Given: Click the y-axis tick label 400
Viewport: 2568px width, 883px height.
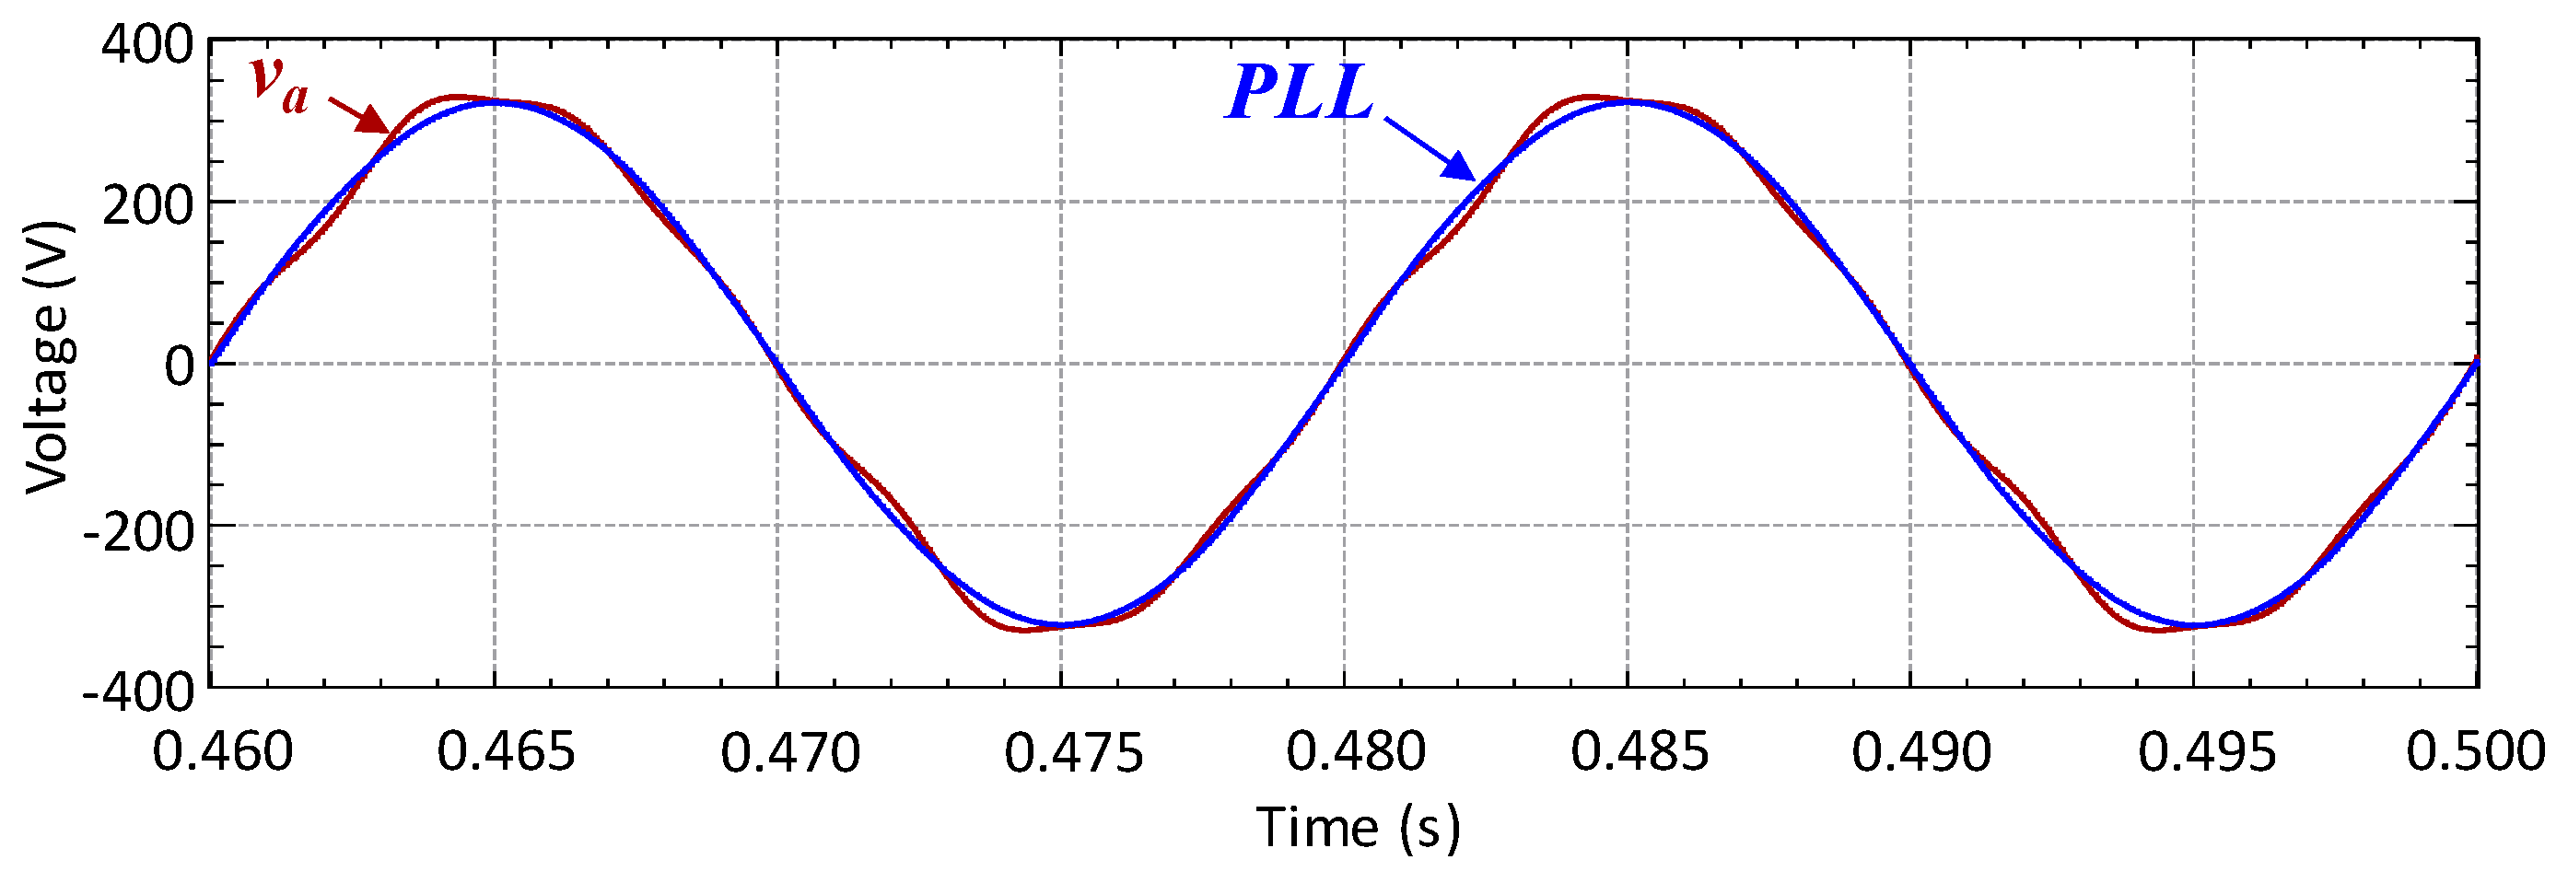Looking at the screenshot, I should (x=146, y=46).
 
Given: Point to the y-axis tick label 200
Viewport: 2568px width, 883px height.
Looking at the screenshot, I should (x=146, y=207).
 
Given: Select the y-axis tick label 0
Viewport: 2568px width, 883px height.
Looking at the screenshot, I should (x=180, y=366).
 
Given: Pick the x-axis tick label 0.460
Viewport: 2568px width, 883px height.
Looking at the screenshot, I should (x=222, y=751).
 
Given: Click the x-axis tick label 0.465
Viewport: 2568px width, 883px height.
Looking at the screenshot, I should (x=507, y=751).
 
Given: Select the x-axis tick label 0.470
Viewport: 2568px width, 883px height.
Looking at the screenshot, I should (x=789, y=751).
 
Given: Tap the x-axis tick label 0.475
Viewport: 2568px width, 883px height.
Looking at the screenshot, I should (x=1074, y=751).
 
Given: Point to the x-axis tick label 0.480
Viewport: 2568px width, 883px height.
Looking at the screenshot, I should (x=1356, y=751).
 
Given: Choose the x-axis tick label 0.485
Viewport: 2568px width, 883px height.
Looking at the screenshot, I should (x=1640, y=751).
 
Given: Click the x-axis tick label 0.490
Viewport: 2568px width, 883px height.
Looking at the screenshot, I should (x=1922, y=751).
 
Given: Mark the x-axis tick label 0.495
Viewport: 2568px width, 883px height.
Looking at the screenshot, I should (x=2207, y=751).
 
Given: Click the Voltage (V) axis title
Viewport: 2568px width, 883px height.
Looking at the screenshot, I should (x=48, y=356).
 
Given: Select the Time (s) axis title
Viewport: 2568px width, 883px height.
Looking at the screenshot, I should (x=1358, y=827).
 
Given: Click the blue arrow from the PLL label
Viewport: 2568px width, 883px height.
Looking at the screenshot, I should (x=1430, y=148).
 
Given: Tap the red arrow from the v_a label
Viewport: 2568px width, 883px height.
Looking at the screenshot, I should (x=360, y=113).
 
